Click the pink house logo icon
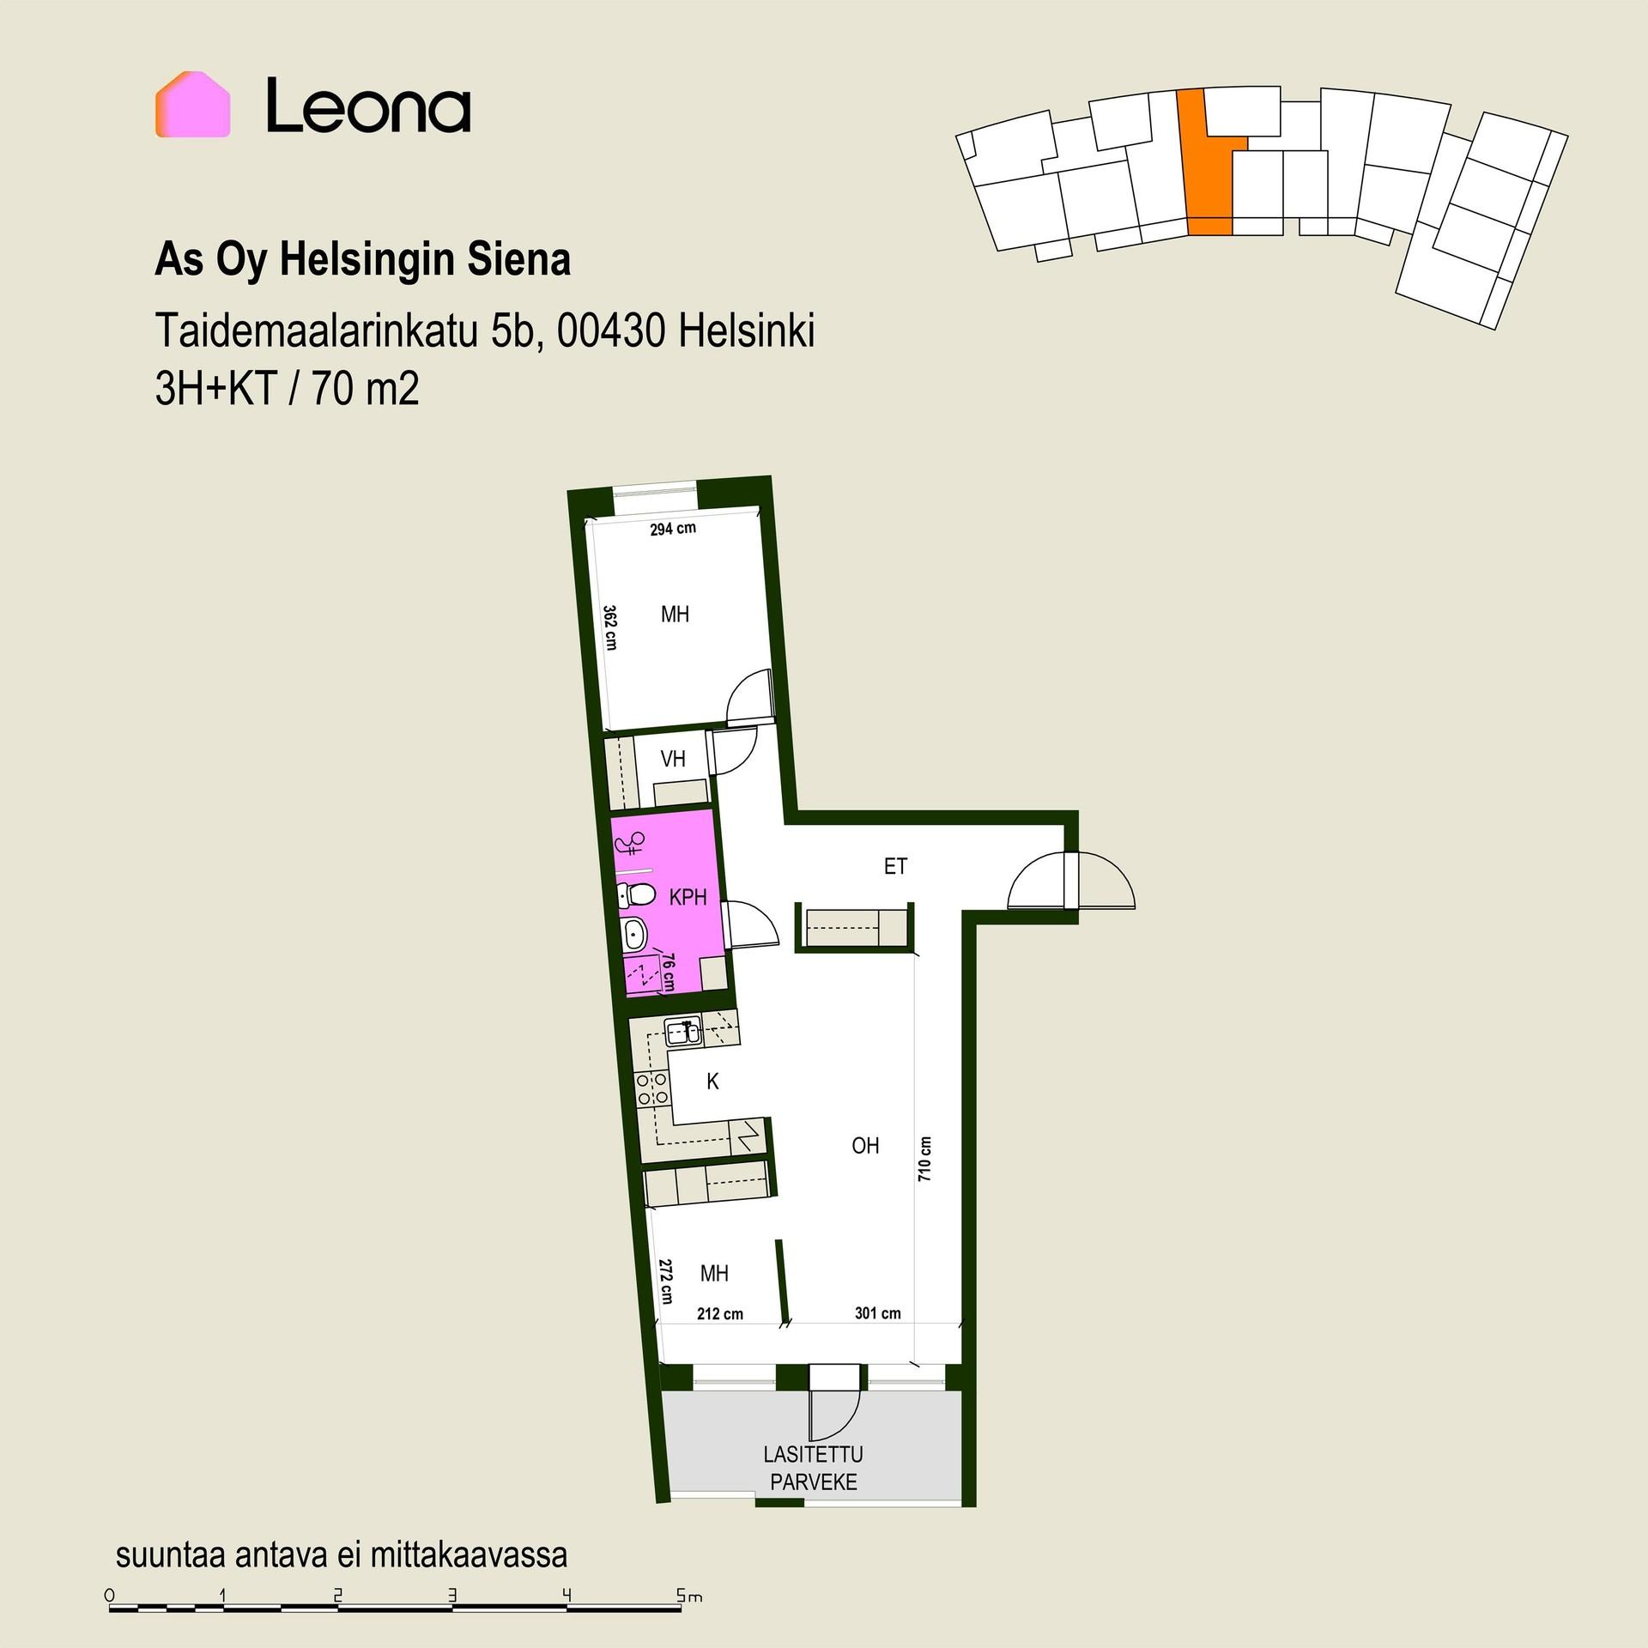point(192,104)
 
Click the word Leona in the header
point(367,106)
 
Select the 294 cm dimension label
point(673,530)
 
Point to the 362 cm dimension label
point(610,627)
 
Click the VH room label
point(673,759)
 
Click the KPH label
point(688,898)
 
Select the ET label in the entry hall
point(895,867)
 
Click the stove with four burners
point(651,1088)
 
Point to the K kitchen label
point(712,1082)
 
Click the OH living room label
point(865,1145)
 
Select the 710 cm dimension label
point(924,1160)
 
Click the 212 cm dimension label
point(720,1314)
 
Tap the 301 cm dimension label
point(878,1313)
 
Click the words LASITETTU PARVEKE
point(814,1469)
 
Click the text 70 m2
point(366,390)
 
